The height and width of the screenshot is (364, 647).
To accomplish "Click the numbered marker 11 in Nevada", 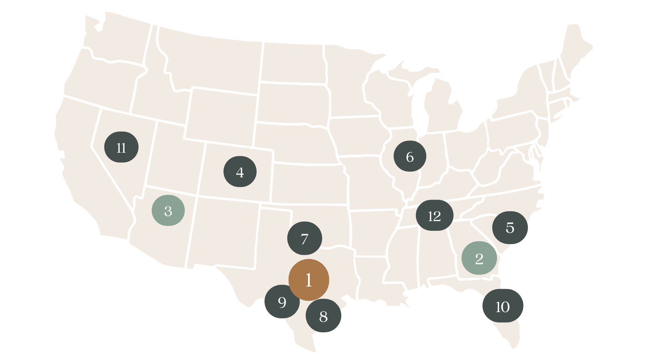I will click(121, 147).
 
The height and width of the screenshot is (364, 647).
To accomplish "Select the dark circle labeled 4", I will click(240, 172).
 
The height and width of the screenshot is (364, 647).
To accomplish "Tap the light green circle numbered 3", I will click(168, 211).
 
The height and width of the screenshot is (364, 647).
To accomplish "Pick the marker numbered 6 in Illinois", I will click(410, 156).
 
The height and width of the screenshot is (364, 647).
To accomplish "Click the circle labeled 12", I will click(434, 216).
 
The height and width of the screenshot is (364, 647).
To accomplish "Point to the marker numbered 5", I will click(510, 227).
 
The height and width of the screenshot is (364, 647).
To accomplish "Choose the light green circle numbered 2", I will click(479, 258).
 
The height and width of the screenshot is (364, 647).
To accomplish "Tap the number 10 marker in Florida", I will click(502, 306).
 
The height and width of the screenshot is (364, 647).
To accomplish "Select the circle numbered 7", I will click(304, 238).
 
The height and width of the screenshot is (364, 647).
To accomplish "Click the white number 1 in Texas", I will click(309, 280).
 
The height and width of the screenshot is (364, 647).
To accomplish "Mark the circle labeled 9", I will click(282, 302).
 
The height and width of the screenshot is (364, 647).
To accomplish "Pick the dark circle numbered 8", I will click(323, 316).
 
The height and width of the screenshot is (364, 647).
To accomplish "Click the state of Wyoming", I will click(221, 116).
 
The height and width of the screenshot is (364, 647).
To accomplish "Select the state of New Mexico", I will click(222, 233).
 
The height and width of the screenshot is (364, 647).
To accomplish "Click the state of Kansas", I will click(308, 184).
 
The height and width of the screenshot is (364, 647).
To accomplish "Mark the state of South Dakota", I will click(291, 103).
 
